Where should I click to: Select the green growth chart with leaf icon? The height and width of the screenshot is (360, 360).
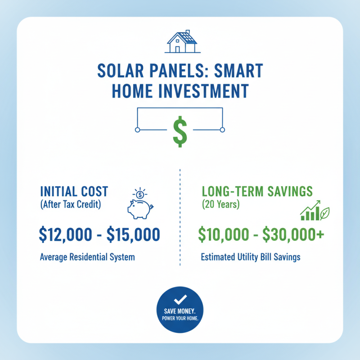coord(315,210)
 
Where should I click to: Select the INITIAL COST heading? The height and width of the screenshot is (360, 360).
coord(74,191)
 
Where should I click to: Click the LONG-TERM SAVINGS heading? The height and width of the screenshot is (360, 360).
coord(257,191)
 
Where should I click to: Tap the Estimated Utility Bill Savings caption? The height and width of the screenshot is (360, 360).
coord(250,257)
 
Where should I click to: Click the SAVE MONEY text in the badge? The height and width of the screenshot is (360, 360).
coord(180,311)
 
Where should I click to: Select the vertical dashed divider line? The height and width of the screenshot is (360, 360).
coord(180,216)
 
